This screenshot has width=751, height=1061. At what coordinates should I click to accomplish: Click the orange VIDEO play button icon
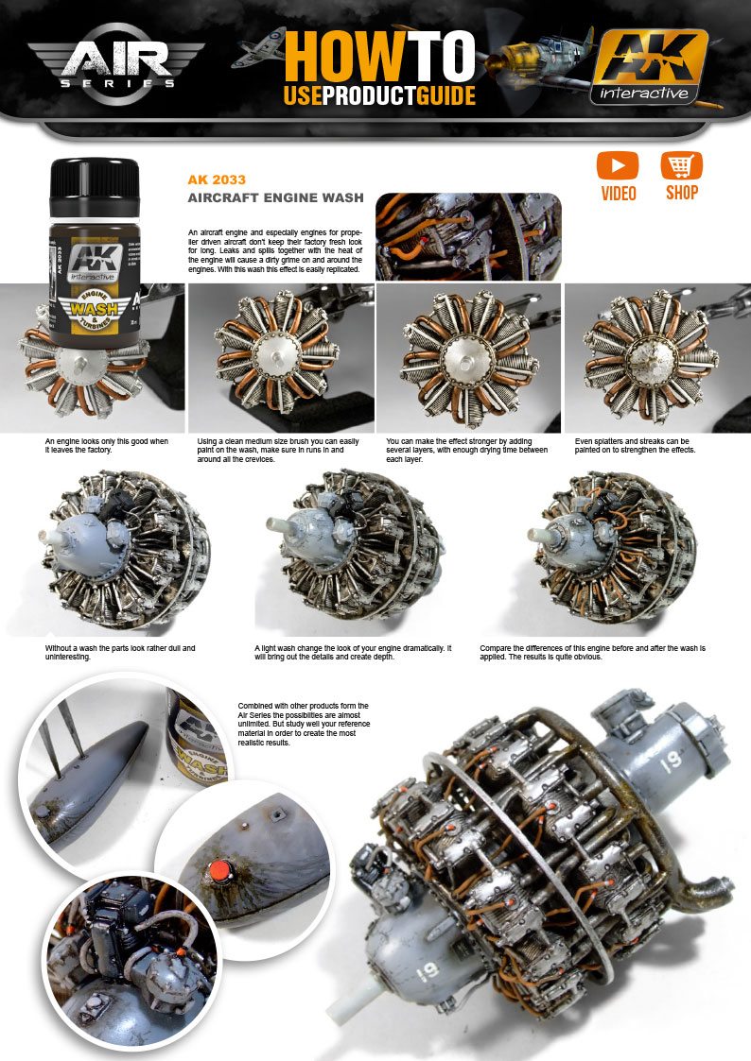(617, 167)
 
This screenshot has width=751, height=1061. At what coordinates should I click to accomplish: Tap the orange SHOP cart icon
(681, 167)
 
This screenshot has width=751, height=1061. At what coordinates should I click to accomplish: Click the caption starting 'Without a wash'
(120, 652)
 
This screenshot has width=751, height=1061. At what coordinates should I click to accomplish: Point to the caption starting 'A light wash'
(352, 652)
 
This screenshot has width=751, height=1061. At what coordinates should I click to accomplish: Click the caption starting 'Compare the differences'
(591, 652)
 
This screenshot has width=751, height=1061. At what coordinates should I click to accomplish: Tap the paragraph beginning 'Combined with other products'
(303, 724)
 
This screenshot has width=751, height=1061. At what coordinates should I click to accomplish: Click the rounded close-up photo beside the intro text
(468, 236)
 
